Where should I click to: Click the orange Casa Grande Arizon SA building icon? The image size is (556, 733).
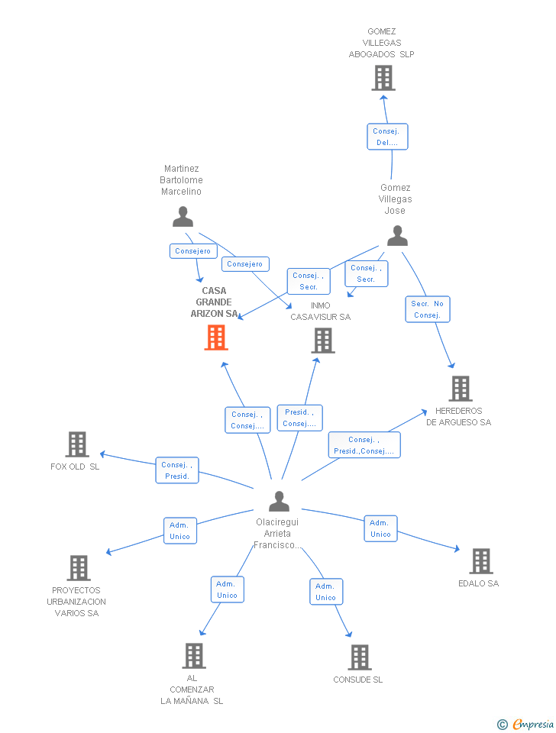[x=216, y=337]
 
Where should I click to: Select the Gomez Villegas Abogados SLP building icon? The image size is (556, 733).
[x=383, y=78]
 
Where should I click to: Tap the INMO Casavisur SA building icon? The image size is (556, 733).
[x=323, y=341]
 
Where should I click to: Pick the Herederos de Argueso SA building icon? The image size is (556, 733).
[x=461, y=389]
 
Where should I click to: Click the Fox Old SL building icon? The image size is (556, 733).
[x=78, y=444]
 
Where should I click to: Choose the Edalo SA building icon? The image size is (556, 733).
[x=481, y=561]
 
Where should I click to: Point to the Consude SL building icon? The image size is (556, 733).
[x=360, y=657]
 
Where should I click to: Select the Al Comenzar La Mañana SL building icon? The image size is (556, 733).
[x=194, y=655]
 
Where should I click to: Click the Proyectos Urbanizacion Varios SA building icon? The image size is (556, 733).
[x=79, y=568]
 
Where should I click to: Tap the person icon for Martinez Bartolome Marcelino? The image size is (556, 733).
[x=183, y=216]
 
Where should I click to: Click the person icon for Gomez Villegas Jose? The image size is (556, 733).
[x=397, y=236]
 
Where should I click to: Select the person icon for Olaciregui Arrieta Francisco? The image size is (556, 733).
[x=280, y=501]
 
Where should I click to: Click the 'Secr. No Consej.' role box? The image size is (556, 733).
[x=428, y=309]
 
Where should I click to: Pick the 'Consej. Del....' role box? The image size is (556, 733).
[x=387, y=137]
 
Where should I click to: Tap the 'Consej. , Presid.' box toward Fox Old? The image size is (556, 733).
[x=177, y=470]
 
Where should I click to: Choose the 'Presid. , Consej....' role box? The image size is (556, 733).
[x=299, y=418]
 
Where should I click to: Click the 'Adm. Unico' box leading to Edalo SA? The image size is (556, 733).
[x=380, y=528]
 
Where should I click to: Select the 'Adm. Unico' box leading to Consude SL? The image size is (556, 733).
[x=326, y=592]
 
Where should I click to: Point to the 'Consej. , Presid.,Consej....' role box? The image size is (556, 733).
[x=364, y=445]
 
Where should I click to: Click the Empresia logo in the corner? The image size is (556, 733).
[x=525, y=724]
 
